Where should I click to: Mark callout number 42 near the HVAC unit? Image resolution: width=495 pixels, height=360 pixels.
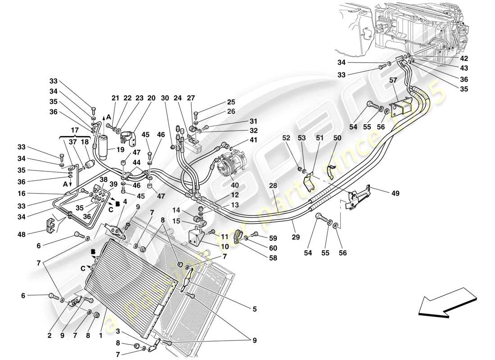point(464,58)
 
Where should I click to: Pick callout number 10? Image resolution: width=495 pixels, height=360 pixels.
point(212,247)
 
